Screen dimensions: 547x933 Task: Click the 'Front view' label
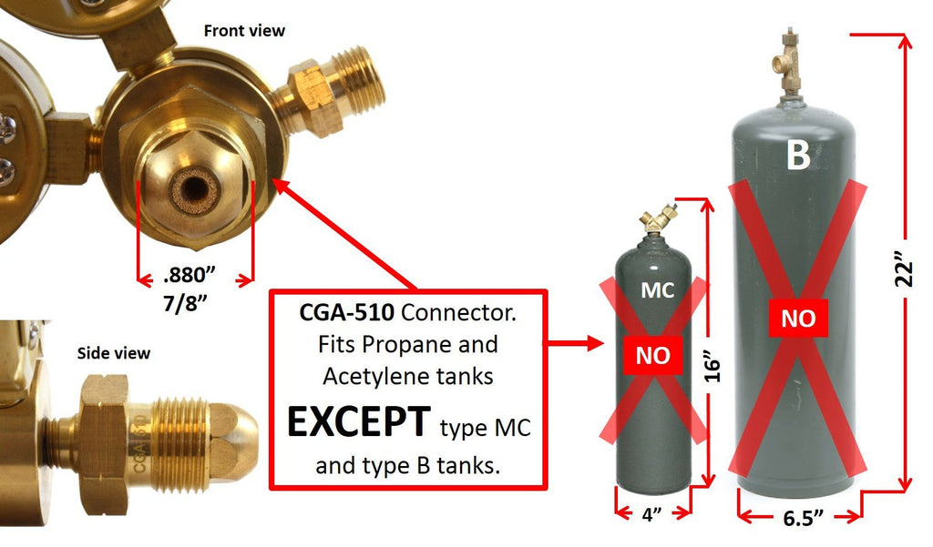[x=244, y=31]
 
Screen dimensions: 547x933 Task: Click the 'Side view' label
[x=114, y=353]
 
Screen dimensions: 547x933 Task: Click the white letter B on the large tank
[x=798, y=156]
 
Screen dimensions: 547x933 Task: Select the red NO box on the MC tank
[x=652, y=356]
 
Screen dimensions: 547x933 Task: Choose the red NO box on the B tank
[x=798, y=319]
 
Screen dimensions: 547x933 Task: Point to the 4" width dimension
[x=651, y=514]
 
